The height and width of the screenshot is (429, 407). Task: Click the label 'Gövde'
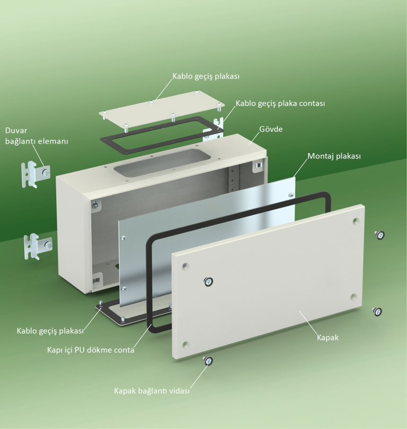click(x=271, y=129)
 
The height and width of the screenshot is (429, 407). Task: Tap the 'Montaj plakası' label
click(x=334, y=156)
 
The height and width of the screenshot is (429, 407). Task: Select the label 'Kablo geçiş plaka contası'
click(x=280, y=103)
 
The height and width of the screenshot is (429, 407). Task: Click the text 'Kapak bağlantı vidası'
click(x=152, y=391)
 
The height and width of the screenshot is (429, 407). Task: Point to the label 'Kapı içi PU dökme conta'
click(x=91, y=350)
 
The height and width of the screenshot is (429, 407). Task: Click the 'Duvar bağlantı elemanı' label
click(x=37, y=136)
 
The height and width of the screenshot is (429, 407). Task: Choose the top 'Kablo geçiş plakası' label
click(x=206, y=76)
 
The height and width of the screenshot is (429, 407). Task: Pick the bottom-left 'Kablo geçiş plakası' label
click(x=50, y=331)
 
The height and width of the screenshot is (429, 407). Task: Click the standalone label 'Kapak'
click(x=328, y=337)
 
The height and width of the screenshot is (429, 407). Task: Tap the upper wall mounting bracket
click(x=36, y=174)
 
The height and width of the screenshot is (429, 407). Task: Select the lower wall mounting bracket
click(x=38, y=246)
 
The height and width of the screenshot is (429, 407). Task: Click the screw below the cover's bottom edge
click(x=208, y=361)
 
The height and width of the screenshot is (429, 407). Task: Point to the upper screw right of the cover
click(x=379, y=235)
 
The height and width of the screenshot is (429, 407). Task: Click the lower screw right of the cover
click(x=377, y=311)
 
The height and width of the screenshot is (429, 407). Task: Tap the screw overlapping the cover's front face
click(x=208, y=282)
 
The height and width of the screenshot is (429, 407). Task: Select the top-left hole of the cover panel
click(x=185, y=266)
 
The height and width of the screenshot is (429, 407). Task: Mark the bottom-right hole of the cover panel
click(x=353, y=297)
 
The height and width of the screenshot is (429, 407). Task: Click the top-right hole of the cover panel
click(x=356, y=221)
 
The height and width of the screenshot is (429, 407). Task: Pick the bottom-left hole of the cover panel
click(x=185, y=344)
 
